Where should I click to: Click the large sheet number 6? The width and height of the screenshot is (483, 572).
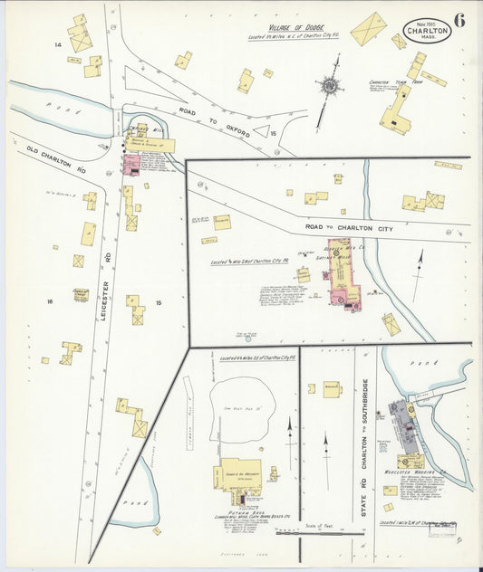pos(459,22)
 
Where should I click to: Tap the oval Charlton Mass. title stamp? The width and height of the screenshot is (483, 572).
pos(426,30)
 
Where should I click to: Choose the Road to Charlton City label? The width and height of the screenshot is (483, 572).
pos(348,230)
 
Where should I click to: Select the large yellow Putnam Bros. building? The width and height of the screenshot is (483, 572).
pos(237,475)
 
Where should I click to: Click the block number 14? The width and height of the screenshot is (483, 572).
pos(57,44)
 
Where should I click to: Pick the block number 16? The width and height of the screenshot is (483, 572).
pos(52,301)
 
